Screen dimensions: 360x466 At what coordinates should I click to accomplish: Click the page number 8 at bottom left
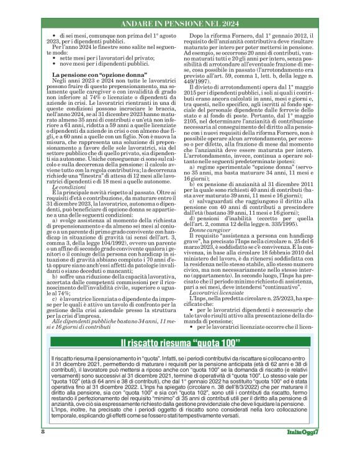(43, 449)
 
